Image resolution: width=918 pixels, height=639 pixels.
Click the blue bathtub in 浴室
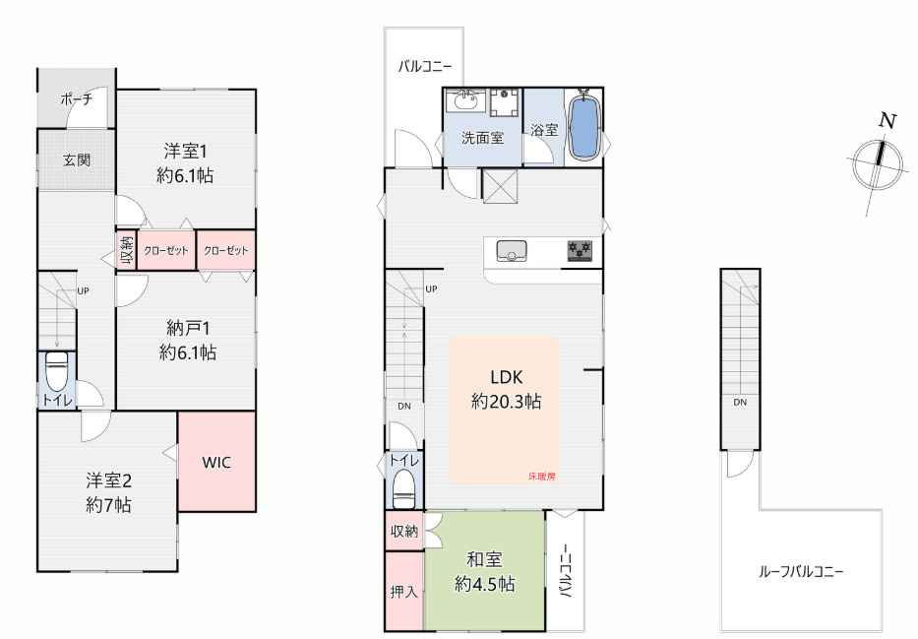coord(583,126)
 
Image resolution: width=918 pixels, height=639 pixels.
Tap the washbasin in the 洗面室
coord(465,100)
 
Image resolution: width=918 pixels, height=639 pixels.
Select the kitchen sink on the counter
coord(512,251)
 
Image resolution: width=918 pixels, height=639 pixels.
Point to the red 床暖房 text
coord(541,477)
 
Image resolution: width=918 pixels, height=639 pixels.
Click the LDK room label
coord(507,376)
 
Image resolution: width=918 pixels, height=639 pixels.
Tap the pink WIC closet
coord(216,462)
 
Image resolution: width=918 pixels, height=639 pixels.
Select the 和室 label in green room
coord(484,559)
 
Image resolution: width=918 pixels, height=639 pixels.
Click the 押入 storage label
coord(404,592)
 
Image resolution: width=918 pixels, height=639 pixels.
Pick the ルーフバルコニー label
coord(801,571)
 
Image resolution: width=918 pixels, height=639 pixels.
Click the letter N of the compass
coord(888,121)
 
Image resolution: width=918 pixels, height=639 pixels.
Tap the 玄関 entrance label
coord(77,160)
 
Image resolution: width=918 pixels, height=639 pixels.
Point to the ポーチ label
coord(76,99)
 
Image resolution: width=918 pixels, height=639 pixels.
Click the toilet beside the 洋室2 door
coord(57,371)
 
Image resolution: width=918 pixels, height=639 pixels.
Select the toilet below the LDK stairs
coord(403,488)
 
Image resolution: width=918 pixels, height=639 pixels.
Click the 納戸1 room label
coord(188,328)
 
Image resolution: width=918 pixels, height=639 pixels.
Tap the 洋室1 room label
coord(185,152)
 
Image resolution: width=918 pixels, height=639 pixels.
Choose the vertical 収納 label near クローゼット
coord(126,250)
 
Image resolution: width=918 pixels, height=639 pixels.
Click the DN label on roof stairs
coord(740,402)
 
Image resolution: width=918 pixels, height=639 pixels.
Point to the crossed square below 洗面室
coord(500,186)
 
